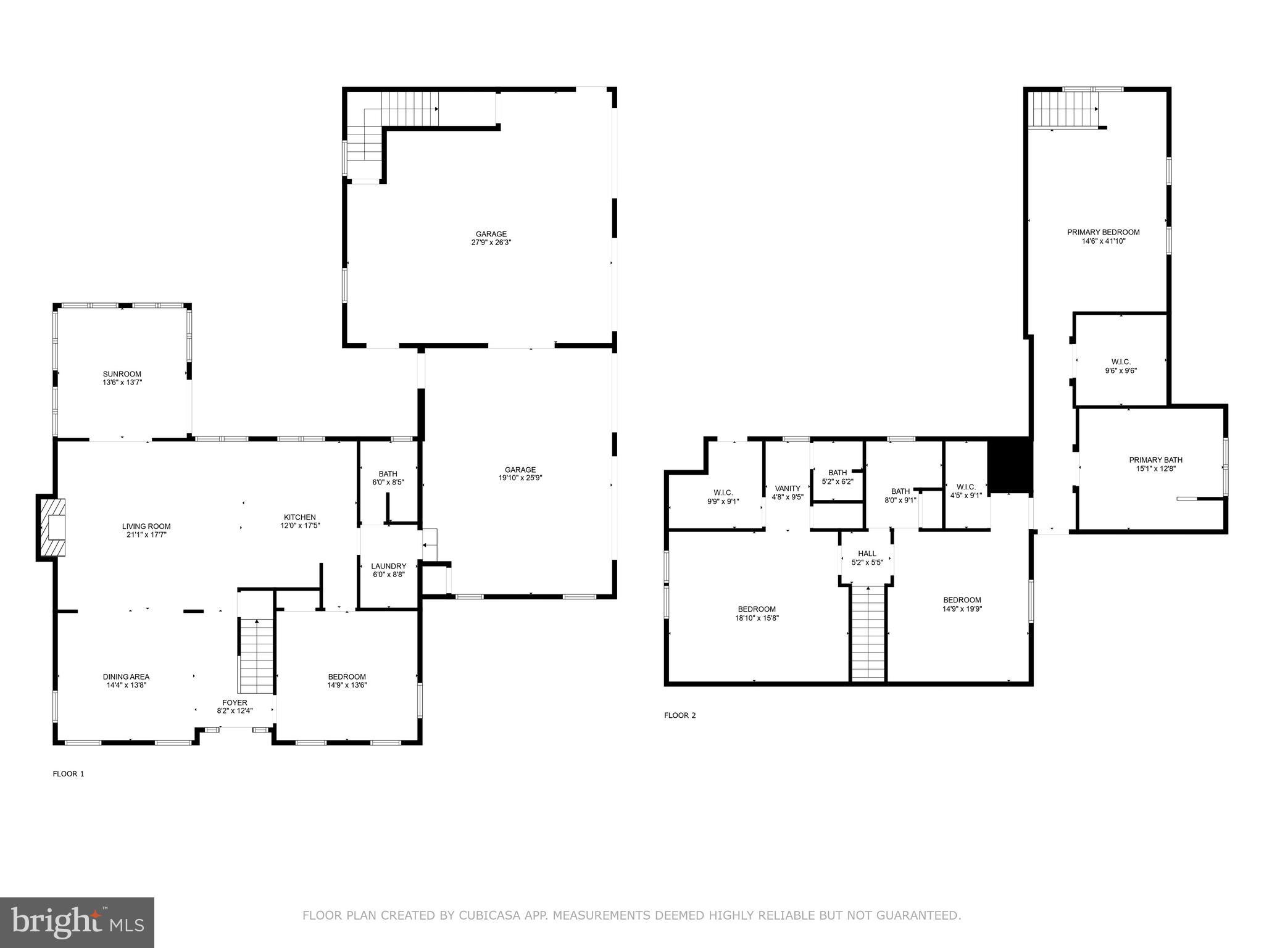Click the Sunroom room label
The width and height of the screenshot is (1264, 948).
click(122, 374)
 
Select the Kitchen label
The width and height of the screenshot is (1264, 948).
click(299, 517)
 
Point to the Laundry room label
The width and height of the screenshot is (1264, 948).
click(388, 566)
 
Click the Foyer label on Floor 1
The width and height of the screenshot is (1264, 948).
click(235, 702)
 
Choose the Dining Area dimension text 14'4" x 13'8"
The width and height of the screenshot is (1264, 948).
click(126, 685)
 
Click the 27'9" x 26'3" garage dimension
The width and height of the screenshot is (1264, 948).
click(491, 243)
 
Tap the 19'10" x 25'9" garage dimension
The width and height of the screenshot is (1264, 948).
click(520, 478)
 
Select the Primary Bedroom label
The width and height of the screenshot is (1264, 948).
click(1104, 232)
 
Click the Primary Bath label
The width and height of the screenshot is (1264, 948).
click(1155, 460)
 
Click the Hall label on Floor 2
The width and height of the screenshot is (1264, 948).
click(867, 554)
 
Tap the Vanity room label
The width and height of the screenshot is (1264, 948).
click(788, 488)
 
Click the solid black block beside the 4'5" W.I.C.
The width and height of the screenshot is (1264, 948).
click(1010, 465)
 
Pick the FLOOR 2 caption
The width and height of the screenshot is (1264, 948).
click(680, 715)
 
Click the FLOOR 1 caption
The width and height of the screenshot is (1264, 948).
click(68, 773)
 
